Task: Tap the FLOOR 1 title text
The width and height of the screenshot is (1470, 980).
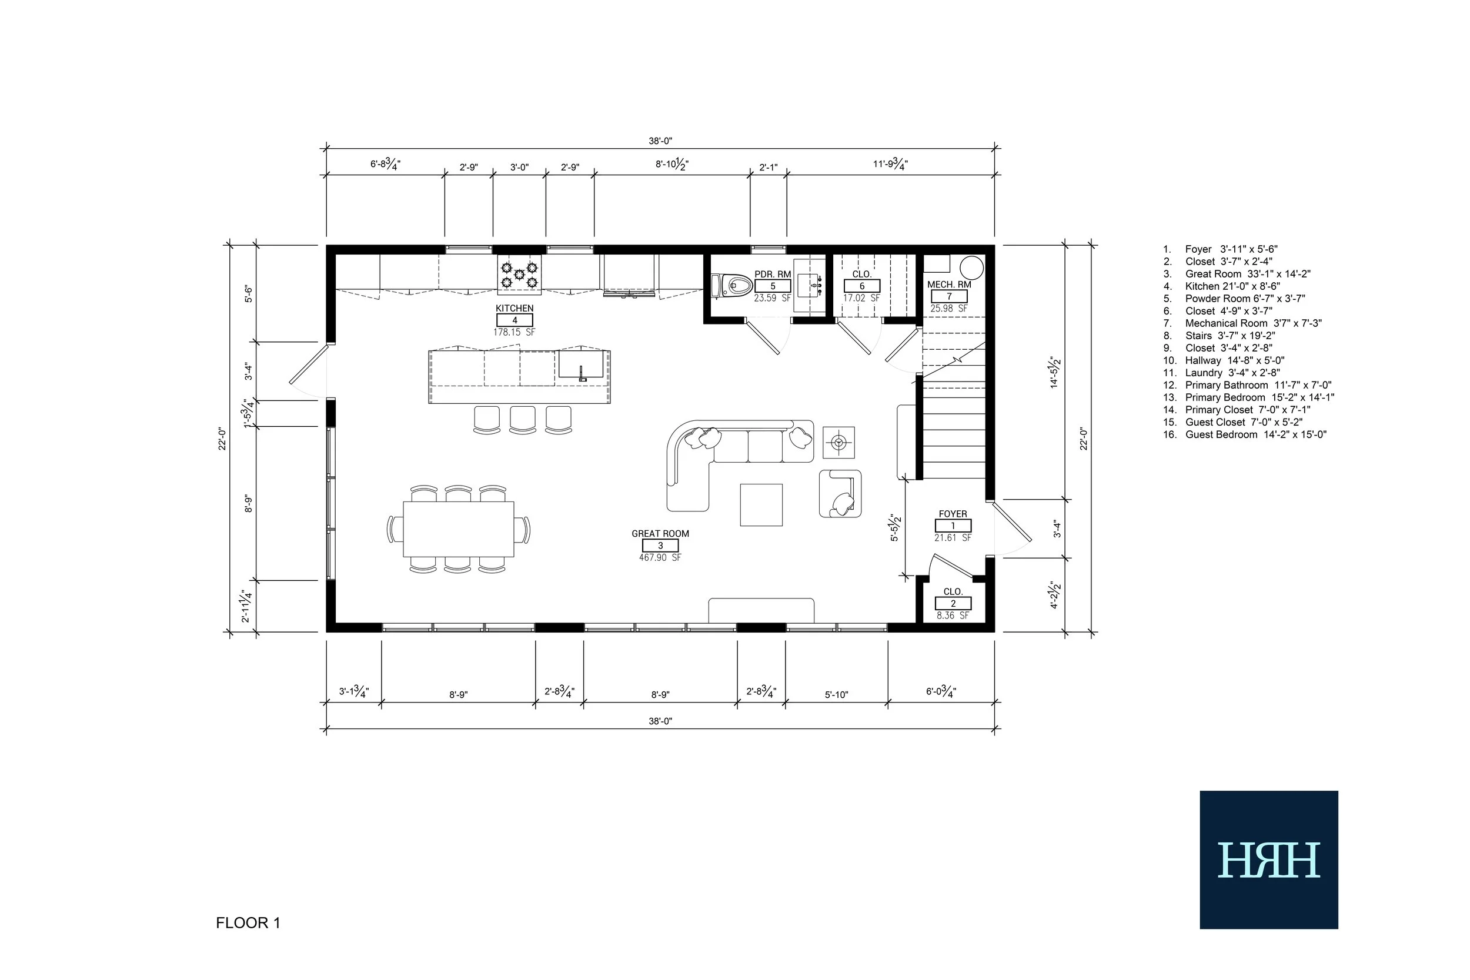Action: [248, 923]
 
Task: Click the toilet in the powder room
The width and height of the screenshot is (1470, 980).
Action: [732, 286]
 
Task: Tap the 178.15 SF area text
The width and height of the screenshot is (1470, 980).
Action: [514, 333]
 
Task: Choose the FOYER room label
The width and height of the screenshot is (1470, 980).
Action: [953, 514]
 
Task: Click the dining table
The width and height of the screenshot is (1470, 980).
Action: [458, 529]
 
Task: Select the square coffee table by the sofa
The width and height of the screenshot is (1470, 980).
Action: [761, 505]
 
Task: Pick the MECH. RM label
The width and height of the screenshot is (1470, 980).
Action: [949, 285]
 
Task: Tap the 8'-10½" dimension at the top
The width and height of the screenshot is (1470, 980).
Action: [672, 165]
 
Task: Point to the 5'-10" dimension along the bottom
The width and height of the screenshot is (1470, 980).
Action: [836, 695]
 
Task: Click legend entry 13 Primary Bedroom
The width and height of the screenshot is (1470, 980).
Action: [1249, 397]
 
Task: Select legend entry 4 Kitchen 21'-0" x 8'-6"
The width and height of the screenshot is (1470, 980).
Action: [1221, 286]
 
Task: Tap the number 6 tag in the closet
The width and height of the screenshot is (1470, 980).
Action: [862, 286]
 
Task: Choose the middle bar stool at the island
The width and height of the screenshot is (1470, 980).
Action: [523, 419]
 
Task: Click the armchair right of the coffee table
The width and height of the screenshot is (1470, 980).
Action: [841, 494]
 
